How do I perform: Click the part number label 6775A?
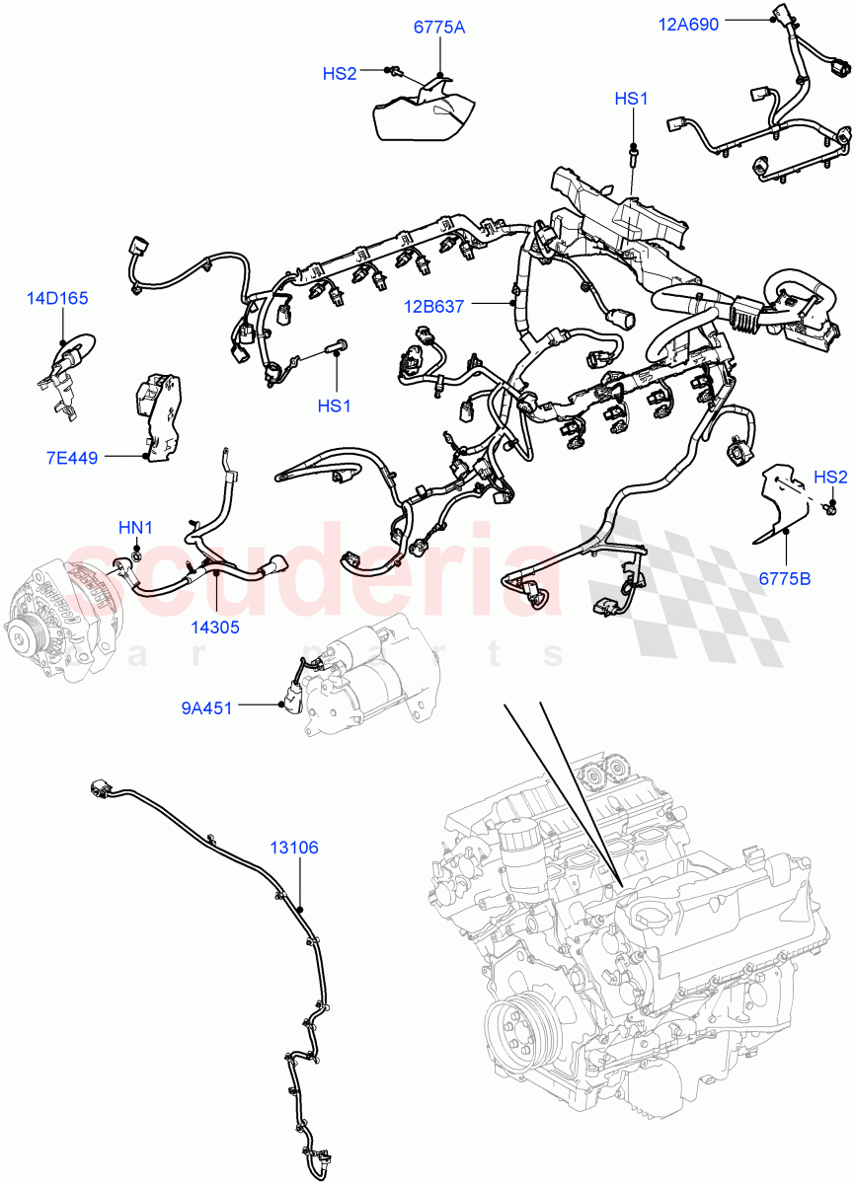point(438,28)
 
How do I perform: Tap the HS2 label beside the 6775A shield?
point(340,73)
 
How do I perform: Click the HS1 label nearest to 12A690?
point(631,99)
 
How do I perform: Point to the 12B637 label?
point(433,307)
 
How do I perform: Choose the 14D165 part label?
point(58,295)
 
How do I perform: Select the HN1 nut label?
point(135,528)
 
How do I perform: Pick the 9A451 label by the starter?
point(206,706)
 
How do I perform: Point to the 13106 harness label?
point(296,847)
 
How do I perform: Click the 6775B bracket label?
point(785,579)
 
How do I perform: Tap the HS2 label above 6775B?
point(830,477)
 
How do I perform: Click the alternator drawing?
point(59,617)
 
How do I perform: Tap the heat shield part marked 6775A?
point(420,113)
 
